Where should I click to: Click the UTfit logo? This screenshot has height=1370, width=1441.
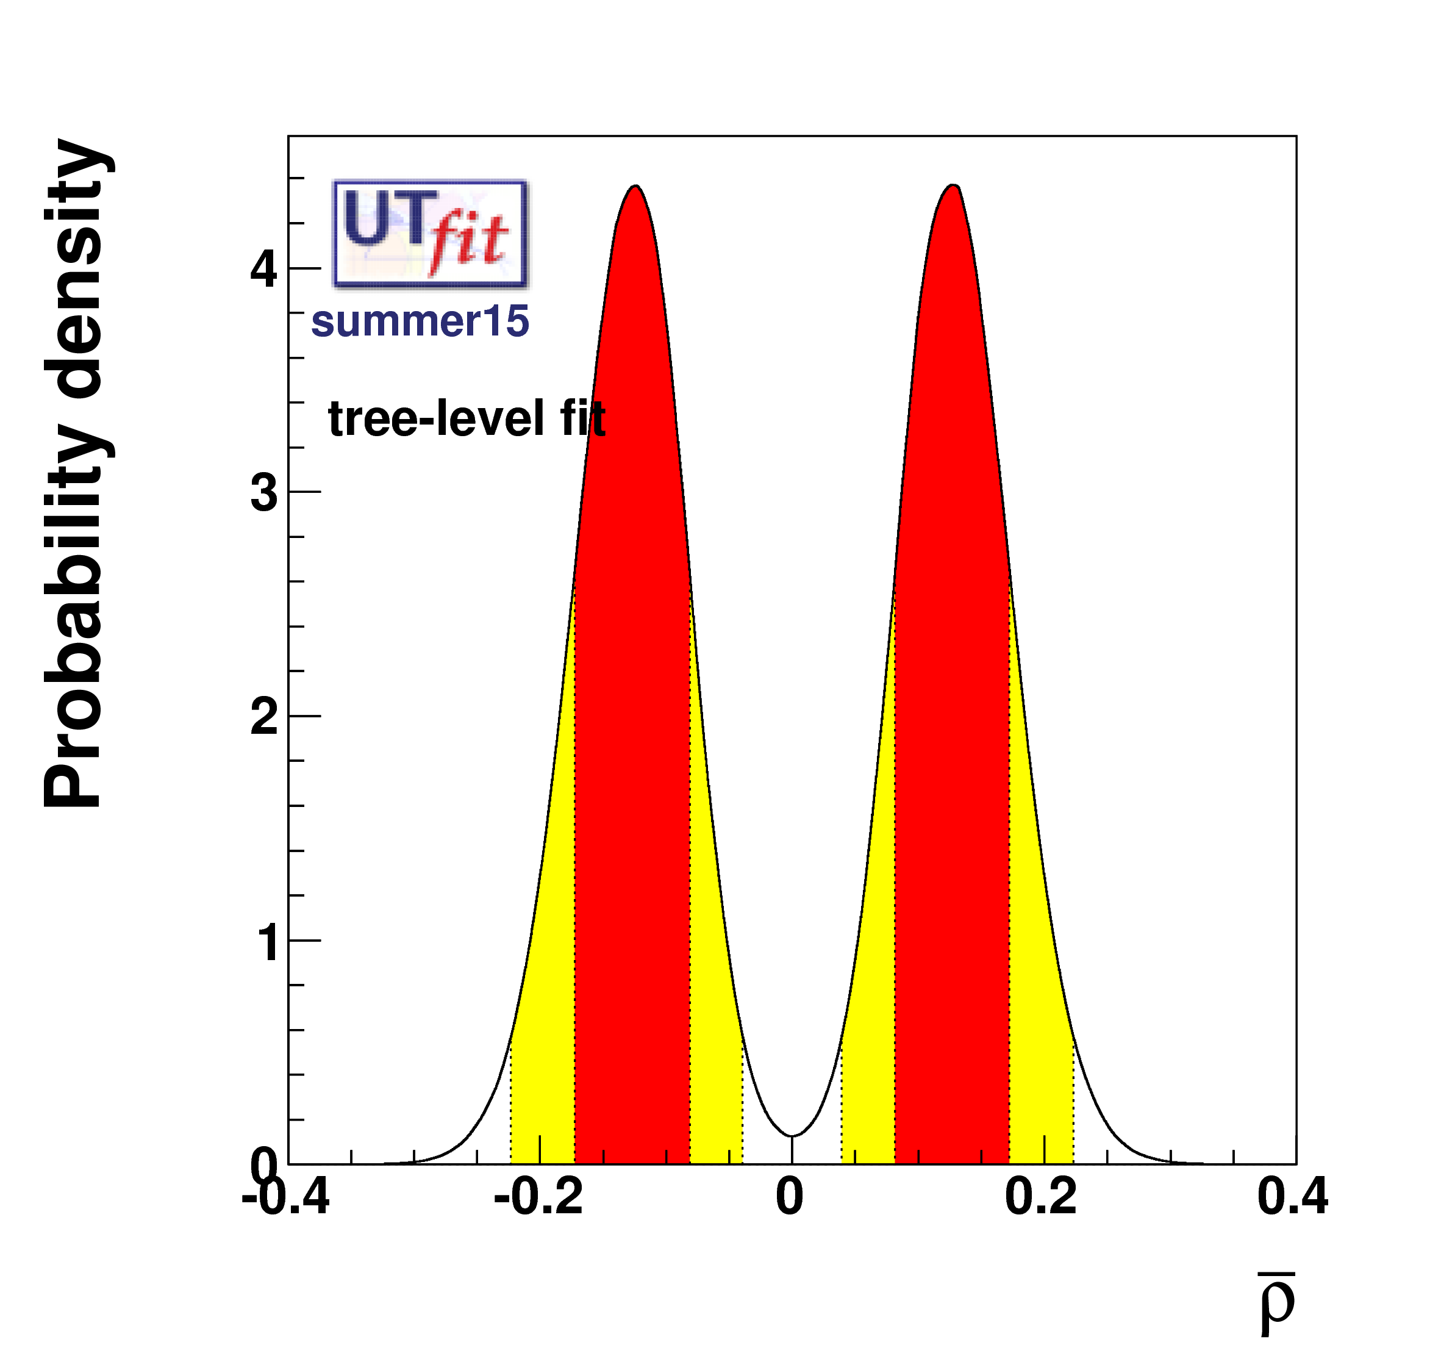coord(429,234)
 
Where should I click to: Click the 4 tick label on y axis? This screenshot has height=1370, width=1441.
coord(263,270)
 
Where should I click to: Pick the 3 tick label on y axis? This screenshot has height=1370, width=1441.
coord(263,493)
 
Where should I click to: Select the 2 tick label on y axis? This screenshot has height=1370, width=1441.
coord(263,717)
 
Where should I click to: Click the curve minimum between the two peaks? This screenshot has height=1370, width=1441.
coord(792,1136)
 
